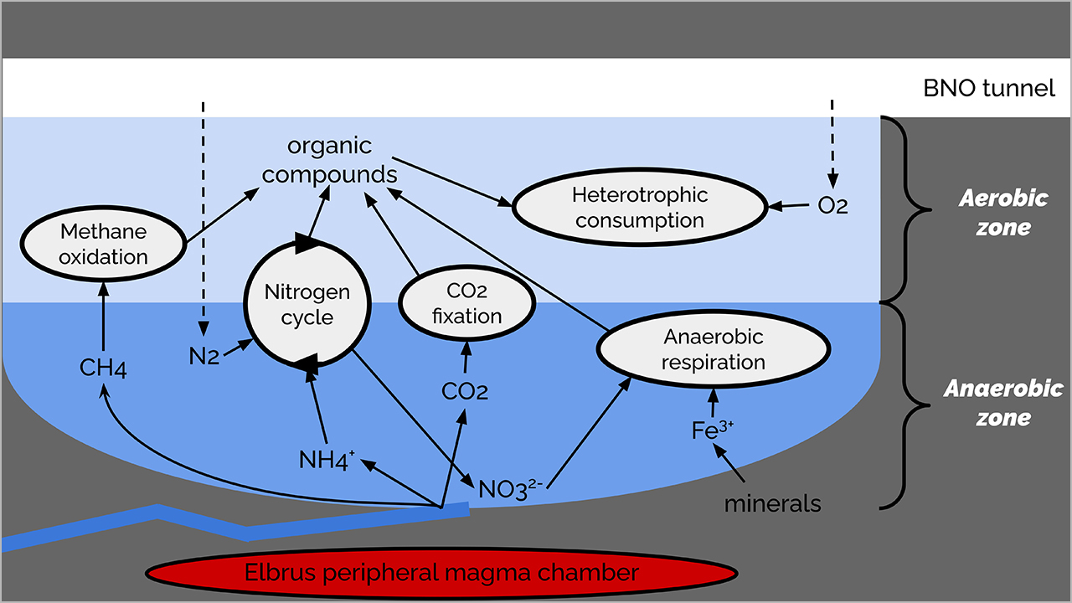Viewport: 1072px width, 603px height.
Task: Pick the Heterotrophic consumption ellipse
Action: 639,208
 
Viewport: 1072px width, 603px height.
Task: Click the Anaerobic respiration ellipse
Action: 713,349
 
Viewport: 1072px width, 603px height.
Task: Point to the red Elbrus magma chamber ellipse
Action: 441,574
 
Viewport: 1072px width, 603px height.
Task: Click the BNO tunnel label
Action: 989,88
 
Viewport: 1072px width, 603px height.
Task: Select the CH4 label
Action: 103,368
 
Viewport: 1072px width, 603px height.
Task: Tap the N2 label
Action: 203,357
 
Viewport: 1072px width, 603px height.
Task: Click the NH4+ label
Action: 327,459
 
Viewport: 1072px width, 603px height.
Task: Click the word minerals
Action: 772,503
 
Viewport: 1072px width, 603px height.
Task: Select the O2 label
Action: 832,205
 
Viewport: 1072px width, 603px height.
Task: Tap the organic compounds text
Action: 329,160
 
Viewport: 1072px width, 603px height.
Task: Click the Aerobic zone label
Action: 1003,212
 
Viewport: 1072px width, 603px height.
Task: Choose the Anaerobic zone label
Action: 1003,403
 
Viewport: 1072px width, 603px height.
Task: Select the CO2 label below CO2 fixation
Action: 465,390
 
